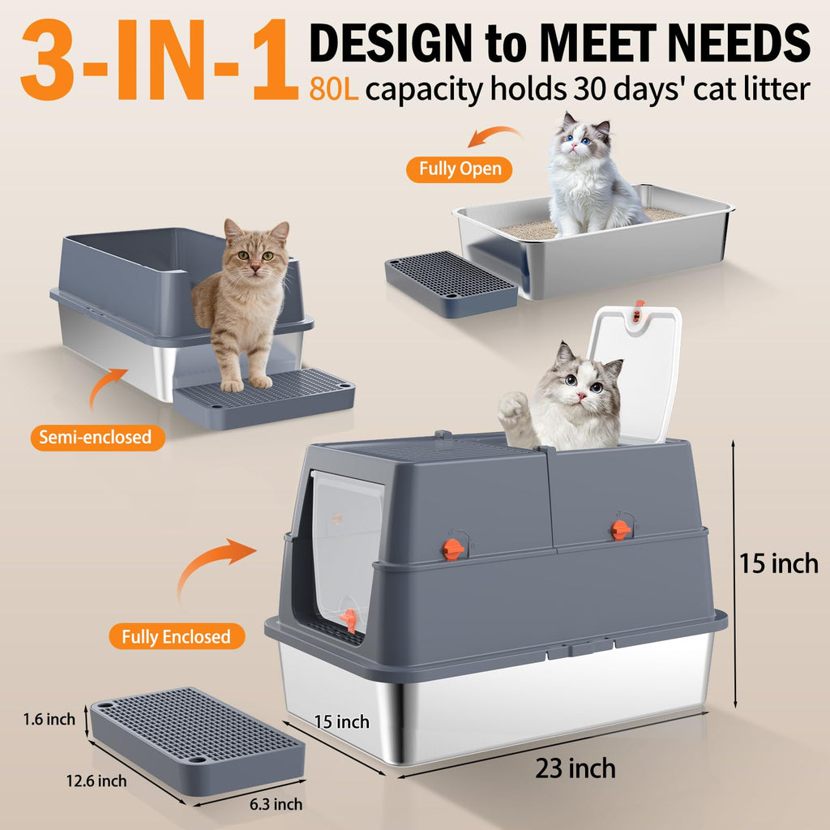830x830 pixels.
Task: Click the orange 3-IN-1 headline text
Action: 159,59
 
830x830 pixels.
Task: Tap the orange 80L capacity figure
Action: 333,88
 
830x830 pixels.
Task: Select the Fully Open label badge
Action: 459,169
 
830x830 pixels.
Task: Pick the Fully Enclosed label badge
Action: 177,636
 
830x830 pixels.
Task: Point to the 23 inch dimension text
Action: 575,768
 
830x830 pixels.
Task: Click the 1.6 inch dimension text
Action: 49,720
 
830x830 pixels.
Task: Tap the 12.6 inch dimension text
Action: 96,781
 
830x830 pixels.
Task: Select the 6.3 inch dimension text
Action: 276,804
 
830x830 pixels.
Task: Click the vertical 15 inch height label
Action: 778,563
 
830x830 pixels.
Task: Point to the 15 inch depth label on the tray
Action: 341,722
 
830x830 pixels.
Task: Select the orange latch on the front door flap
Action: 349,620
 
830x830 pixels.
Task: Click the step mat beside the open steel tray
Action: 451,284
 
